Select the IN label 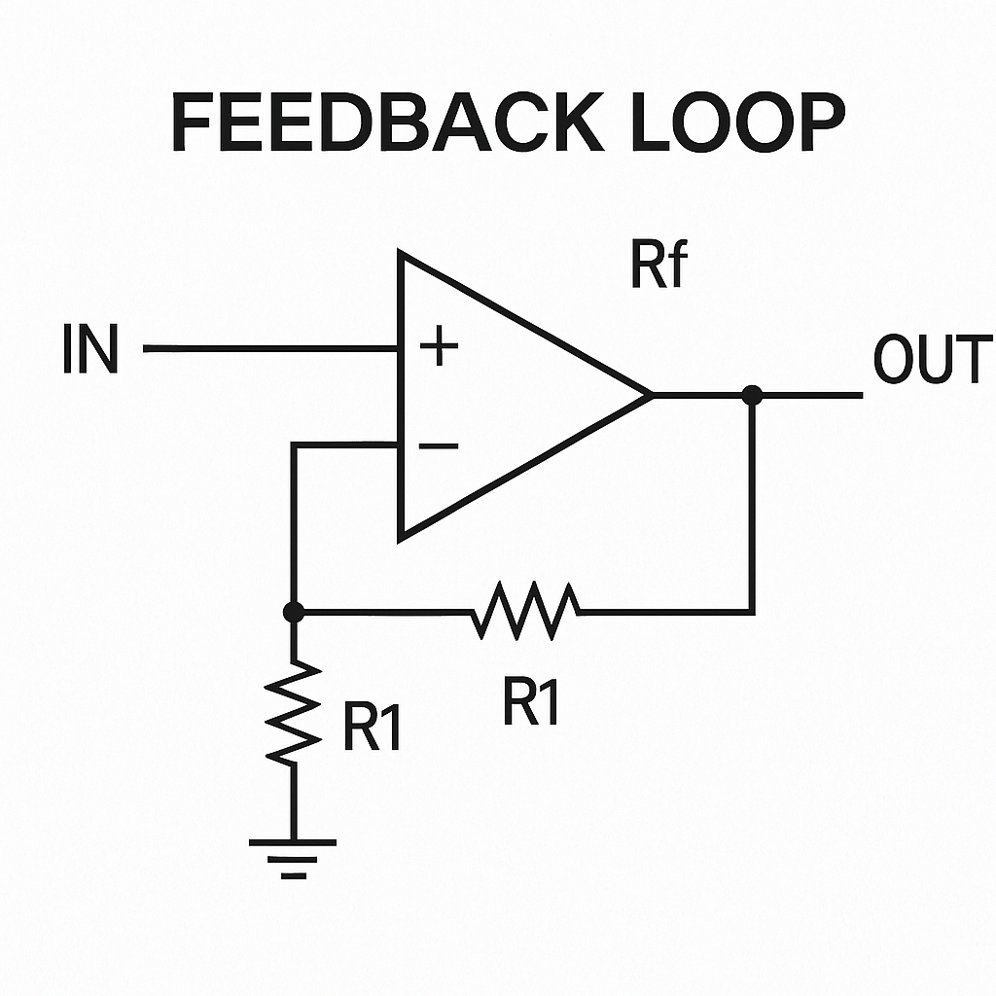tap(90, 350)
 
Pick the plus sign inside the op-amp tap(440, 346)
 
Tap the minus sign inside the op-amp tap(440, 445)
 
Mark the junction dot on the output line tap(751, 395)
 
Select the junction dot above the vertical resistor tap(293, 612)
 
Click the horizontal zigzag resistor tap(526, 611)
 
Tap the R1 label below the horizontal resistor tap(531, 700)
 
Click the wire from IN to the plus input tap(272, 347)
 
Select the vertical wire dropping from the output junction tap(752, 506)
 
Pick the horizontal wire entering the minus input tap(345, 445)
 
